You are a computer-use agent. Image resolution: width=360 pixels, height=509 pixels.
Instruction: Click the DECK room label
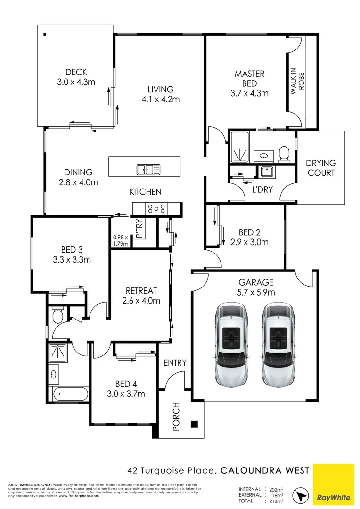point(76,72)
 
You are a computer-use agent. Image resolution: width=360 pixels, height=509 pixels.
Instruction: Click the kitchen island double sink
point(148,169)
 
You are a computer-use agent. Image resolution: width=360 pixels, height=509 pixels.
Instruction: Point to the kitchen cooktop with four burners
point(156,208)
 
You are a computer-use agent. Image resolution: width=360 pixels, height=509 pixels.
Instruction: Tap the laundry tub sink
point(267,172)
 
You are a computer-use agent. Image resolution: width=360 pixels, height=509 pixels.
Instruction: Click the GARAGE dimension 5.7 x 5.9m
point(256,292)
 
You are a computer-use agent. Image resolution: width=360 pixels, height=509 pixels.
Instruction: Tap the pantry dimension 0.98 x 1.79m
point(120,240)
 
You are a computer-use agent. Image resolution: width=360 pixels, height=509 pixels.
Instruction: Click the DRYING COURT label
point(320,168)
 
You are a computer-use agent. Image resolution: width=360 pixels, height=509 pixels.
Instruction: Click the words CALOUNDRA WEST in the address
point(265,470)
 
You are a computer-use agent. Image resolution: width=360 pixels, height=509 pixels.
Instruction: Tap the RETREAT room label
point(141,291)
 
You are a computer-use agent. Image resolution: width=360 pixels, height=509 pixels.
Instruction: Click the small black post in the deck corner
point(45,33)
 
